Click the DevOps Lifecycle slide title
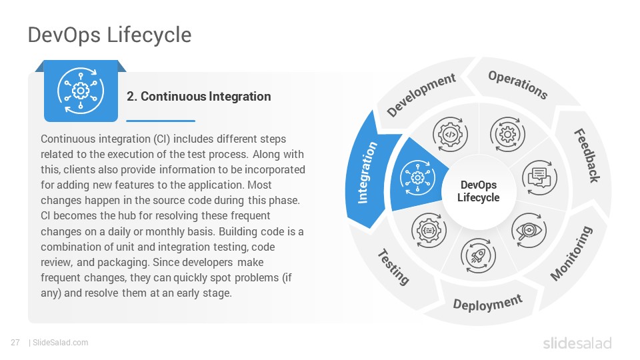pos(109,35)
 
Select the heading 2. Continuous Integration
pos(199,96)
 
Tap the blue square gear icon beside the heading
pos(81,91)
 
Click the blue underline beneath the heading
pos(161,121)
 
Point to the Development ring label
pos(421,95)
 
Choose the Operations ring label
pos(518,85)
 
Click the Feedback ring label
pos(587,155)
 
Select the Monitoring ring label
pos(571,253)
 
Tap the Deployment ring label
pos(487,303)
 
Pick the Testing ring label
pos(393,267)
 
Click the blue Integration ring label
pos(367,172)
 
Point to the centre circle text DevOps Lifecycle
pos(479,191)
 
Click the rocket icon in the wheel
pos(478,256)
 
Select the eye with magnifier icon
pos(529,231)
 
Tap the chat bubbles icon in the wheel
pos(539,177)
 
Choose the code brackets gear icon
pos(450,134)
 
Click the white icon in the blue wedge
pos(417,177)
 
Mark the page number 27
pos(15,343)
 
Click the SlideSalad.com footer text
pos(60,343)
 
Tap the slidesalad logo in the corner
pos(577,343)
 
